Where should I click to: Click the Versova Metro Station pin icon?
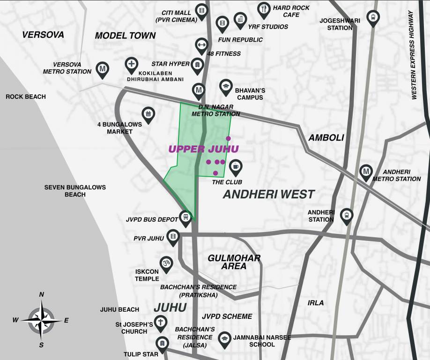pyautogui.click(x=103, y=69)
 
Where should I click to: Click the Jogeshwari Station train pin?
pyautogui.click(x=373, y=17)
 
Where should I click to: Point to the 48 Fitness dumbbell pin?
pyautogui.click(x=201, y=45)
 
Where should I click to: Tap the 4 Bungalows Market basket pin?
pyautogui.click(x=148, y=113)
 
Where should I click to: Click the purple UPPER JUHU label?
pyautogui.click(x=203, y=149)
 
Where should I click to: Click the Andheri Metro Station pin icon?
pyautogui.click(x=366, y=171)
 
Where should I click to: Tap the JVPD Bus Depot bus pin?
pyautogui.click(x=186, y=217)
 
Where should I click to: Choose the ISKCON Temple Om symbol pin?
pyautogui.click(x=166, y=263)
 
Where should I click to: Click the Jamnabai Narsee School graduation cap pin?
pyautogui.click(x=225, y=338)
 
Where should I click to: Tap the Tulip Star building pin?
pyautogui.click(x=162, y=344)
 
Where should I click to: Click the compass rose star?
pyautogui.click(x=41, y=320)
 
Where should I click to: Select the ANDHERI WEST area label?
pyautogui.click(x=268, y=194)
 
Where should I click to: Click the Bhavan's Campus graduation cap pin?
pyautogui.click(x=226, y=87)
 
